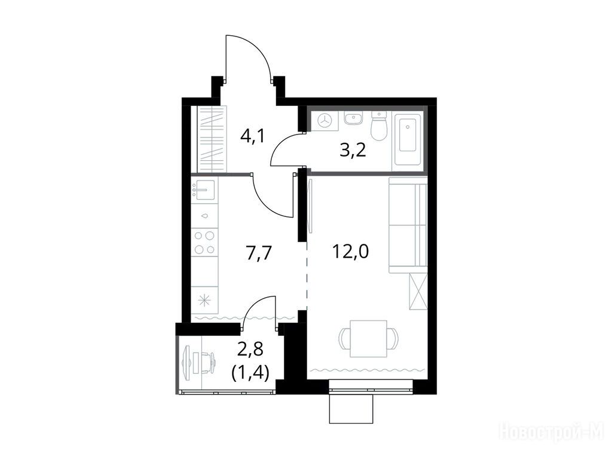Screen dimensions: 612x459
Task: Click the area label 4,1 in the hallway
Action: (253, 136)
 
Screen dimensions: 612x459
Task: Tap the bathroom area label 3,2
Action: (353, 150)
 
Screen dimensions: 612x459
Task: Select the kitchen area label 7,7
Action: (258, 253)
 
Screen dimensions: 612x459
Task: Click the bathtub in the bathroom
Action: (408, 139)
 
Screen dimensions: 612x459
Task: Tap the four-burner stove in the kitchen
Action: (204, 243)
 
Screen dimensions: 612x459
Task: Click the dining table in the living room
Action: (369, 338)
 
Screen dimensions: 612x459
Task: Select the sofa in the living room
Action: (408, 225)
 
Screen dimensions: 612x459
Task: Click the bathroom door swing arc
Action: (282, 148)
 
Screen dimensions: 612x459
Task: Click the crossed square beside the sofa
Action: (418, 292)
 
